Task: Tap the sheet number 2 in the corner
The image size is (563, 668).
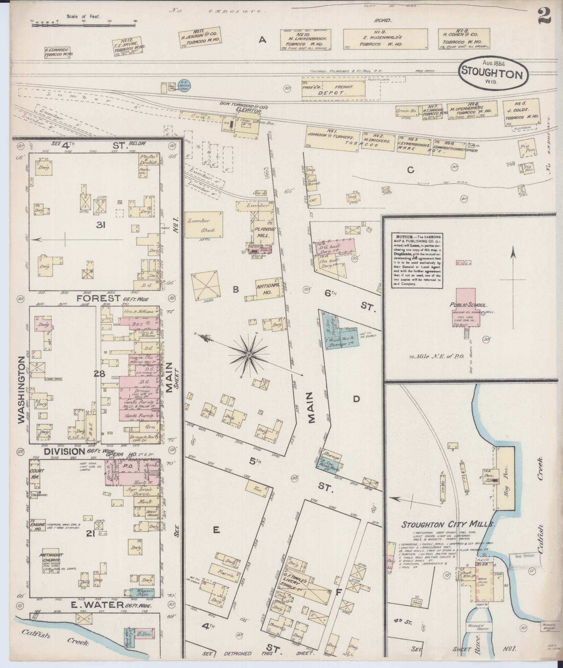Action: [544, 16]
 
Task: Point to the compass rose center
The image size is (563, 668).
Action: [249, 355]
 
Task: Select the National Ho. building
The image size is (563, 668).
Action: [268, 288]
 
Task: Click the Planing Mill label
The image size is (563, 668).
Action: [264, 232]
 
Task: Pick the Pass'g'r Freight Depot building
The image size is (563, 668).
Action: [333, 90]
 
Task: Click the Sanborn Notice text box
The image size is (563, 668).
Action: [417, 259]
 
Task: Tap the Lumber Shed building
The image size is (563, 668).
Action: [203, 225]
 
